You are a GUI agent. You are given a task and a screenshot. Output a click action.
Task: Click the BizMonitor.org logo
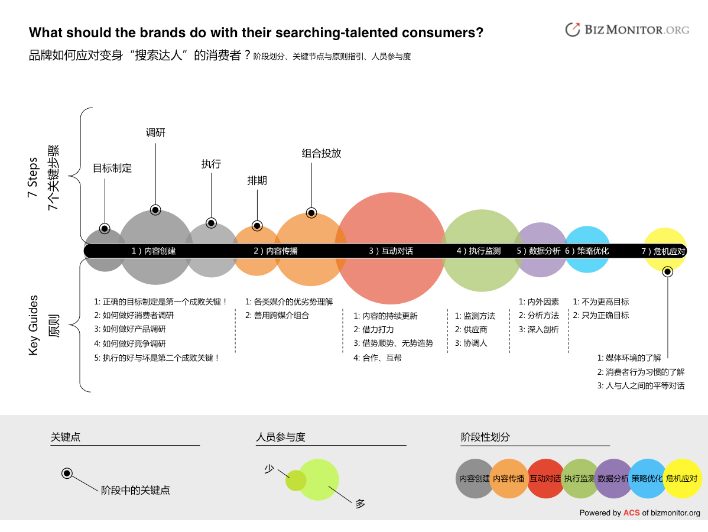pyautogui.click(x=627, y=30)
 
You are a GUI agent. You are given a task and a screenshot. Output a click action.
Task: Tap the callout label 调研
pyautogui.click(x=156, y=133)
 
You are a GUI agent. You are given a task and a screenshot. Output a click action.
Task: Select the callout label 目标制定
pyautogui.click(x=112, y=168)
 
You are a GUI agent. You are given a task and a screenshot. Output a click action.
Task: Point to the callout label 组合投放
pyautogui.click(x=321, y=154)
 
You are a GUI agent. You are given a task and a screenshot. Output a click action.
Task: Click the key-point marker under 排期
pyautogui.click(x=257, y=226)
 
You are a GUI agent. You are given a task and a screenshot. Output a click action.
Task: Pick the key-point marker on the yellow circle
pyautogui.click(x=668, y=272)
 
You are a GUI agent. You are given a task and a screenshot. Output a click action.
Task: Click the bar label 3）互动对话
pyautogui.click(x=391, y=251)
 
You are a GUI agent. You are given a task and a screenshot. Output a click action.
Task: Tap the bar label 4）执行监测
pyautogui.click(x=479, y=251)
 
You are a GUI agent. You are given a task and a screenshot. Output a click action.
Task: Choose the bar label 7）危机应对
pyautogui.click(x=663, y=252)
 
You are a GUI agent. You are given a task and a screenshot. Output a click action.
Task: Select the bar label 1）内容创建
pyautogui.click(x=154, y=251)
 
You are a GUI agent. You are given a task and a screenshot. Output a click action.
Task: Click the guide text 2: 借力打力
pyautogui.click(x=374, y=330)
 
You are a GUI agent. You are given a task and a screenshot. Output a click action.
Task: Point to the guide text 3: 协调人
pyautogui.click(x=471, y=343)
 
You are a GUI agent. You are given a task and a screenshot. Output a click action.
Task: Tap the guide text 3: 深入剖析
pyautogui.click(x=538, y=330)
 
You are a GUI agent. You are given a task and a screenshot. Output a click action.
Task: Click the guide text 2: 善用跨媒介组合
pyautogui.click(x=277, y=316)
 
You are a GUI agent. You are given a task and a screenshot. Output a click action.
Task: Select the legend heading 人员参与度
pyautogui.click(x=281, y=437)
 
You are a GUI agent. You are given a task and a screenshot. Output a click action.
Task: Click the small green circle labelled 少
pyautogui.click(x=295, y=481)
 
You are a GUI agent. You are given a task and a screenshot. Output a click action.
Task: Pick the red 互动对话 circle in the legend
pyautogui.click(x=545, y=479)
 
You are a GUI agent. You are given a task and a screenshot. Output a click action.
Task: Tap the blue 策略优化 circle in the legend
pyautogui.click(x=648, y=479)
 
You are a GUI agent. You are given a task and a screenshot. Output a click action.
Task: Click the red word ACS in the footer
pyautogui.click(x=632, y=513)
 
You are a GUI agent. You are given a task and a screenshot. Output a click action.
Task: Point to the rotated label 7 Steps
pyautogui.click(x=33, y=177)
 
